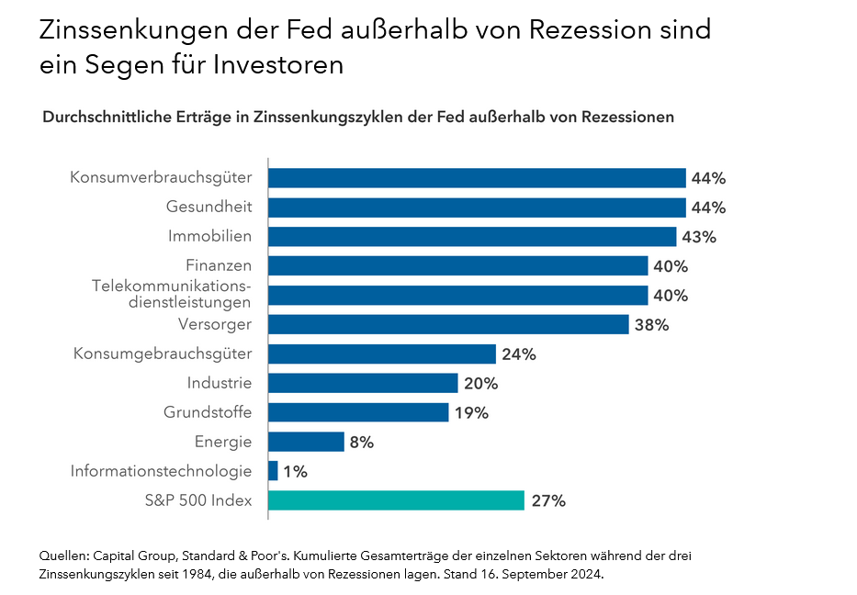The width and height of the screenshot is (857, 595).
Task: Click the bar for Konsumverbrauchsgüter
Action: pyautogui.click(x=477, y=178)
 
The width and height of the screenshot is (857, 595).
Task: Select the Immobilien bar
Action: pyautogui.click(x=472, y=237)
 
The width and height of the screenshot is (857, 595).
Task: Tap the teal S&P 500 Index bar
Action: pyautogui.click(x=396, y=500)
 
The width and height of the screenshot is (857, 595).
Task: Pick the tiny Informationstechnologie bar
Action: pyautogui.click(x=273, y=471)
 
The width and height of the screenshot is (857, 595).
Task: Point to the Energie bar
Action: pyautogui.click(x=306, y=442)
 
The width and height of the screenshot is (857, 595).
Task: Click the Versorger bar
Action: pyautogui.click(x=448, y=324)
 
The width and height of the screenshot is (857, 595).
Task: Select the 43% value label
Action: pyautogui.click(x=699, y=237)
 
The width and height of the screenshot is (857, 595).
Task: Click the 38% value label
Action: pyautogui.click(x=651, y=325)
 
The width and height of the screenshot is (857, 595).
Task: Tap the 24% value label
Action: pyautogui.click(x=518, y=354)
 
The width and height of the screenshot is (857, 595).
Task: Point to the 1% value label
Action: pyautogui.click(x=296, y=472)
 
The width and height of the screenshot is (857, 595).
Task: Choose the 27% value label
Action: pyautogui.click(x=548, y=501)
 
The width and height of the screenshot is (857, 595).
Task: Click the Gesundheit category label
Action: pyautogui.click(x=209, y=207)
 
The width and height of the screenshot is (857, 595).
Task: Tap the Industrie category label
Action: pyautogui.click(x=220, y=383)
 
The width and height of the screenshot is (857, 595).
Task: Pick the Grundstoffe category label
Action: pyautogui.click(x=208, y=412)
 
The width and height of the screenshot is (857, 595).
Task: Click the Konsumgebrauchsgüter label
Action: pyautogui.click(x=163, y=354)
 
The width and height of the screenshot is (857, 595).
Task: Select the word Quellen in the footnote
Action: pyautogui.click(x=64, y=556)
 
